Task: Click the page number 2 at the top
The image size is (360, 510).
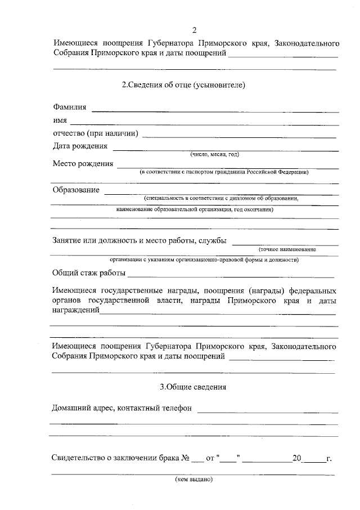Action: click(x=194, y=30)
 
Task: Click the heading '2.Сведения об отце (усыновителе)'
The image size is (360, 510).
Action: click(x=183, y=85)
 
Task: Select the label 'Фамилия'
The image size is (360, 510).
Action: click(x=70, y=107)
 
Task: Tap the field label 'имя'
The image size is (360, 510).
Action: click(x=60, y=120)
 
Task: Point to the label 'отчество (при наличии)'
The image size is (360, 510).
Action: click(x=96, y=133)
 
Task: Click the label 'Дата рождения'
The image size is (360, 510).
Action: click(x=80, y=146)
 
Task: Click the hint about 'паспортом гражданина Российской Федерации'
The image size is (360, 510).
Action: click(x=224, y=172)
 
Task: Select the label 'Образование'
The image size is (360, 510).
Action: click(x=76, y=190)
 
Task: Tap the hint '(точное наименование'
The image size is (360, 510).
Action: click(x=287, y=249)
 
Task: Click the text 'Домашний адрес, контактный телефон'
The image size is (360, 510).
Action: click(x=121, y=408)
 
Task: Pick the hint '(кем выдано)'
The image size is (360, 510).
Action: click(x=193, y=480)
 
